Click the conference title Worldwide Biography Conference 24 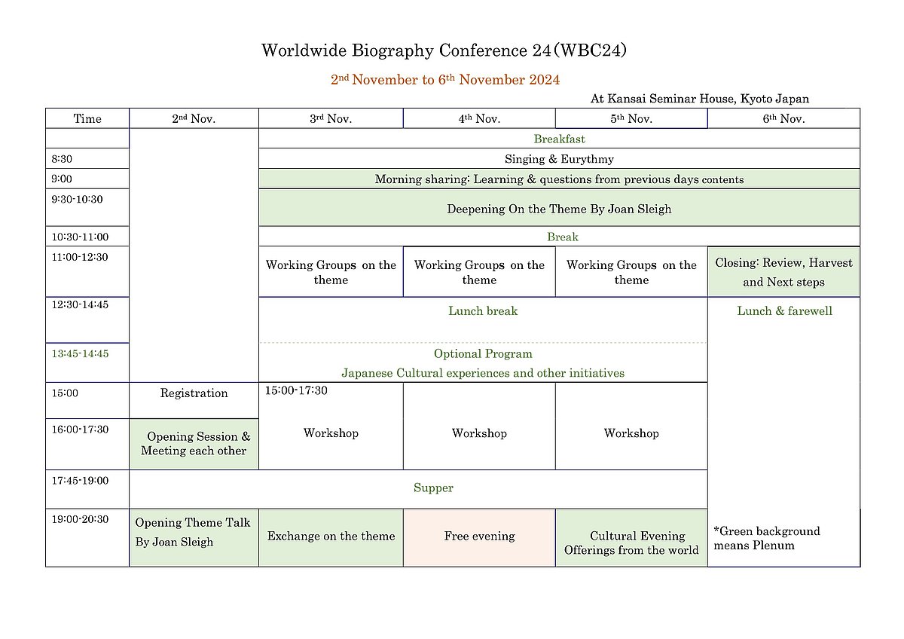tap(406, 50)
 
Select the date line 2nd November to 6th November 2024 tap(445, 79)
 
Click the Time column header tap(87, 118)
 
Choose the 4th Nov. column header tap(479, 118)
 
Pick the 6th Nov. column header tap(783, 118)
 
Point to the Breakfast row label tap(559, 139)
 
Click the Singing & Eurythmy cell tap(559, 159)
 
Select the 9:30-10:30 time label tap(77, 199)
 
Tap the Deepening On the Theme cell tap(559, 208)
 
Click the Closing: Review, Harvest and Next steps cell tap(783, 272)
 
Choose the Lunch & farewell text tap(784, 310)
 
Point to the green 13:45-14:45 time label tap(80, 353)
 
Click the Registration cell tap(194, 400)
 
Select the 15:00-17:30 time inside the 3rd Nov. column tap(296, 390)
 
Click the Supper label tap(433, 488)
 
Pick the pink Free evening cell tap(479, 538)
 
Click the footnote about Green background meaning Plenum tap(767, 538)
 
